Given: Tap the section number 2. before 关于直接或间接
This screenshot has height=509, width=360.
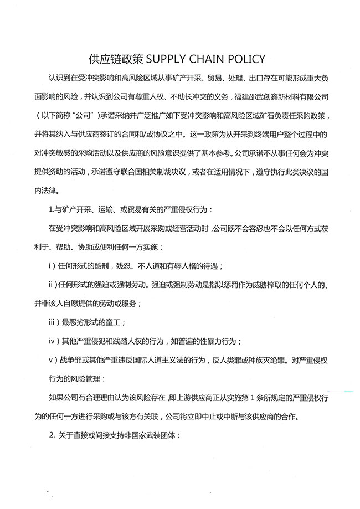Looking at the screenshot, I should (53, 435).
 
